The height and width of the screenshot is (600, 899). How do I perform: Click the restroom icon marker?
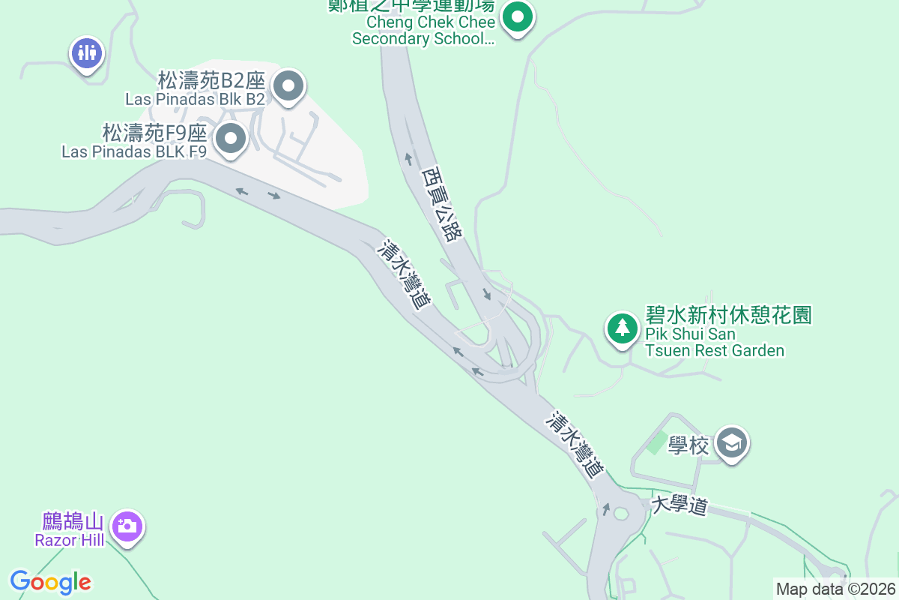pos(87,53)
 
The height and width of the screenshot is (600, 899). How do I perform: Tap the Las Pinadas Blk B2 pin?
pos(288,85)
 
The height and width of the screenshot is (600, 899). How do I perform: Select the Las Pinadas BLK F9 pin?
pos(231,138)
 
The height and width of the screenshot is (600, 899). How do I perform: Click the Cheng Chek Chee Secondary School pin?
pos(517,17)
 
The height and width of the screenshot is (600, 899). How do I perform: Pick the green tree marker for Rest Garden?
pos(621,328)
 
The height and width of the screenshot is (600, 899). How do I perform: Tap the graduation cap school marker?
pos(730,443)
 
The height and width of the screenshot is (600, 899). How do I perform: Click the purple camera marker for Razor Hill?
pos(127,526)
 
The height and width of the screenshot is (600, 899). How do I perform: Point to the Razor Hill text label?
pos(69,540)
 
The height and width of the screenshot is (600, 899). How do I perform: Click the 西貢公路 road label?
pos(441,203)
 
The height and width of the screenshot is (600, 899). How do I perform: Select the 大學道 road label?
pos(679,505)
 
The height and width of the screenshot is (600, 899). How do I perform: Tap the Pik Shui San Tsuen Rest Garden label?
pos(714,343)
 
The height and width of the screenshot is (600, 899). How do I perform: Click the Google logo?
pos(51,582)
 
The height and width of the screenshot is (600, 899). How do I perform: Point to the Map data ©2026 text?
pos(835,589)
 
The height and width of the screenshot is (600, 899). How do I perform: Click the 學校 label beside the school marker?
pos(688,446)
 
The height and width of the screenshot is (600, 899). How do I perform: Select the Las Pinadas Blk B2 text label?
pos(195,98)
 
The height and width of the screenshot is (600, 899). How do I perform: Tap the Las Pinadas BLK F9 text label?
pos(134,151)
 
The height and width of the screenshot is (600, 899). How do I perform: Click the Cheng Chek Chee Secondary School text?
pos(423,31)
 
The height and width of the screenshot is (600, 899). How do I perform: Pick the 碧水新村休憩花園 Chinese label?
pos(728,315)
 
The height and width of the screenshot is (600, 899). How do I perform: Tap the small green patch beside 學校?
pos(657,442)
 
